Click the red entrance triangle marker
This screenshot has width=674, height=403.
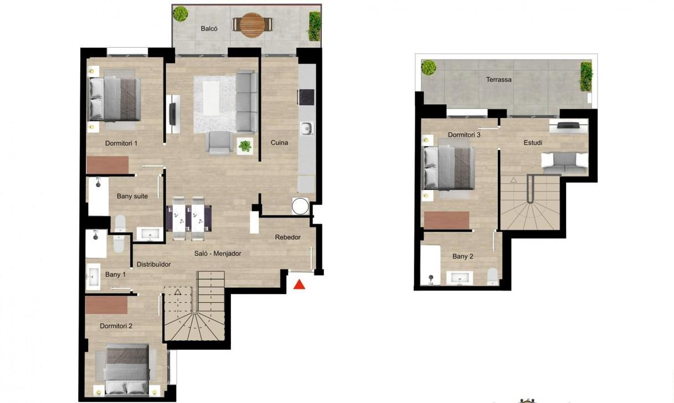click(x=300, y=285)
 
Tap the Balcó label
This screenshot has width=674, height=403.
click(x=209, y=29)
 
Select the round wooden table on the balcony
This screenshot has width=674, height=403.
click(x=253, y=25)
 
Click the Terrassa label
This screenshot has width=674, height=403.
click(x=499, y=80)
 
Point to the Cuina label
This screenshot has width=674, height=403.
click(x=279, y=143)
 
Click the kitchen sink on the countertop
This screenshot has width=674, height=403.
click(x=307, y=128)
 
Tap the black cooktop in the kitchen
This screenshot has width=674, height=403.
click(x=307, y=97)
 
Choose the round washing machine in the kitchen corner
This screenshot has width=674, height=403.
click(x=300, y=206)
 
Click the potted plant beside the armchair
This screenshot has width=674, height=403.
click(x=245, y=146)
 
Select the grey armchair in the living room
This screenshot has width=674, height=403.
click(x=219, y=143)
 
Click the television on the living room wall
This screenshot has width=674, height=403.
click(x=172, y=114)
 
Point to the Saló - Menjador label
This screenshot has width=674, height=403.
click(x=218, y=254)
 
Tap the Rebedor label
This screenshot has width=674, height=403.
click(x=287, y=237)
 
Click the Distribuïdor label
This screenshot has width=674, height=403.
click(x=153, y=265)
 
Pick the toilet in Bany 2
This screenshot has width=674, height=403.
click(x=492, y=276)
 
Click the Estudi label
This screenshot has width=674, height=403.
click(x=533, y=143)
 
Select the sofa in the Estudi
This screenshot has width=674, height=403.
click(x=565, y=163)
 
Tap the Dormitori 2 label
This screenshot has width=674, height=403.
click(x=116, y=326)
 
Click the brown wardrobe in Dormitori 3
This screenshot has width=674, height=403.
click(x=446, y=220)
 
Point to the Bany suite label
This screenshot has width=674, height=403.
click(x=132, y=197)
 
